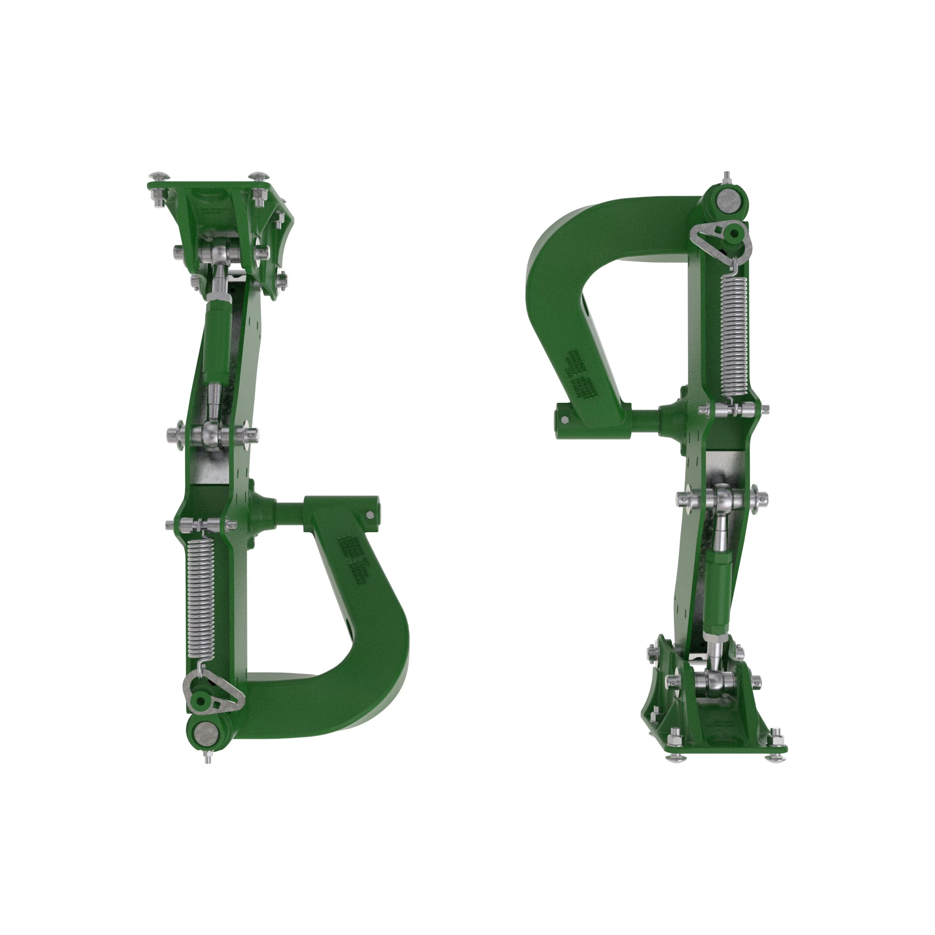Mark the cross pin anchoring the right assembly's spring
(734, 409)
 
